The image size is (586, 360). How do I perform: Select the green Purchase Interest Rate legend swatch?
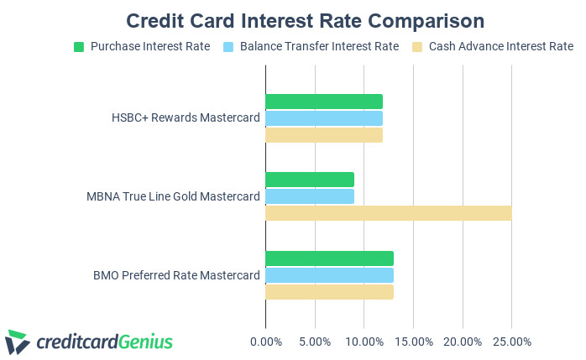tap(79, 47)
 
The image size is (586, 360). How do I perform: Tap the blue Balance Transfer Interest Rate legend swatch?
tap(228, 47)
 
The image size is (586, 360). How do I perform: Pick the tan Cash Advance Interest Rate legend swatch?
tap(417, 47)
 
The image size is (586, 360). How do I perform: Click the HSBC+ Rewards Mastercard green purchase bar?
tap(324, 102)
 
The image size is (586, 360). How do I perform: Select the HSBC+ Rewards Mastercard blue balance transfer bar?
tap(324, 118)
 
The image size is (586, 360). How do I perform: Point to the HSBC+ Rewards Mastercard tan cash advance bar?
tap(324, 135)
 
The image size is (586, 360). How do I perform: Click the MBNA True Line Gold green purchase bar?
tap(310, 180)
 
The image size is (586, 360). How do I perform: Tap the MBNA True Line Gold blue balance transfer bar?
tap(310, 196)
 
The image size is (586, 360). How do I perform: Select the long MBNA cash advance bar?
tap(389, 213)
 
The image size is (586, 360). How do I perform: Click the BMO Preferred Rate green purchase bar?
tap(329, 258)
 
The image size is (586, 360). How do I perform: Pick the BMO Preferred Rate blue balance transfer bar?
tap(329, 275)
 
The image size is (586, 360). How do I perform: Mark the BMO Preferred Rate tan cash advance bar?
tap(329, 292)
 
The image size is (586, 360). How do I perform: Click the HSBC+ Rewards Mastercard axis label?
tap(186, 117)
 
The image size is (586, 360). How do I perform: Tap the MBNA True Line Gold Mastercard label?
tap(173, 196)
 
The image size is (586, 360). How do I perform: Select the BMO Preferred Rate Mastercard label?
tap(176, 275)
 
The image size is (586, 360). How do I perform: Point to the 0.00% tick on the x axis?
tap(266, 342)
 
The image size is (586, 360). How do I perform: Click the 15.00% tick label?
tap(414, 342)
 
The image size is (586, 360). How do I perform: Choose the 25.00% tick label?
tap(512, 342)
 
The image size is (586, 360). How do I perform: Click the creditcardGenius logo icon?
tap(18, 342)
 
